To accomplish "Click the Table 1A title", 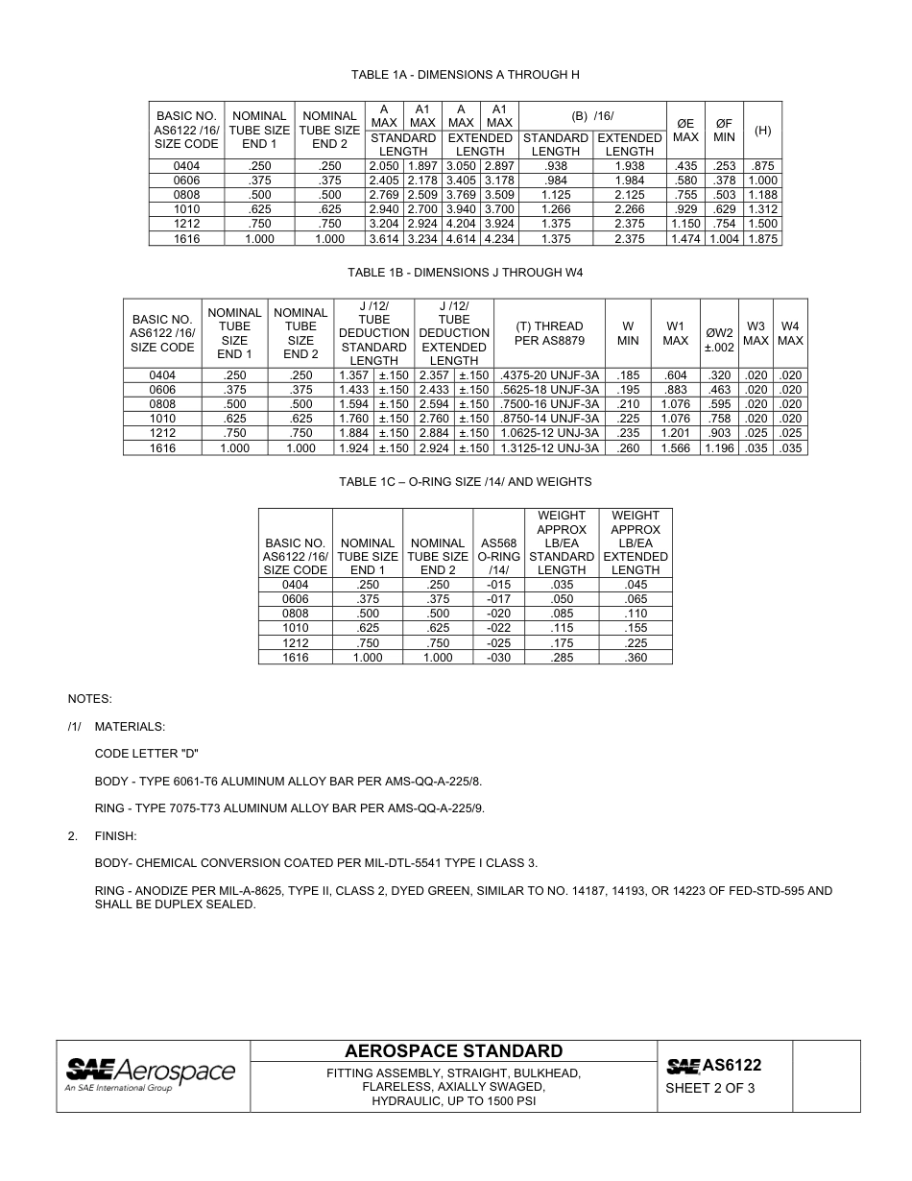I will click(x=465, y=75).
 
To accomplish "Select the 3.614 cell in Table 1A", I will click(x=384, y=239).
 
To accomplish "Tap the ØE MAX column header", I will click(x=685, y=130).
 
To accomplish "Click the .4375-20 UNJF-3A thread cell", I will click(x=549, y=375).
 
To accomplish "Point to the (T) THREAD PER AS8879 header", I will click(x=549, y=333).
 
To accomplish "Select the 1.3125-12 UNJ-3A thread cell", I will click(x=549, y=448).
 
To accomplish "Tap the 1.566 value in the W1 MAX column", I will click(x=676, y=448).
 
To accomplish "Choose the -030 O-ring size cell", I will click(x=498, y=658).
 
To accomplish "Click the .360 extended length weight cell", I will click(x=636, y=658).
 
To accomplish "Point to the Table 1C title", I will click(x=465, y=482).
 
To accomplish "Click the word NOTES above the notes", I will click(x=89, y=699).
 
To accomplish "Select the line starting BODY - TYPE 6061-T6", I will click(x=288, y=782).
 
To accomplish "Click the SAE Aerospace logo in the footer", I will click(x=150, y=1075).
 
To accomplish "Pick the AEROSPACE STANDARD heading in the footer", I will click(x=453, y=1050).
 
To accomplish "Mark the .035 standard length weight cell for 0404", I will click(x=562, y=585).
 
